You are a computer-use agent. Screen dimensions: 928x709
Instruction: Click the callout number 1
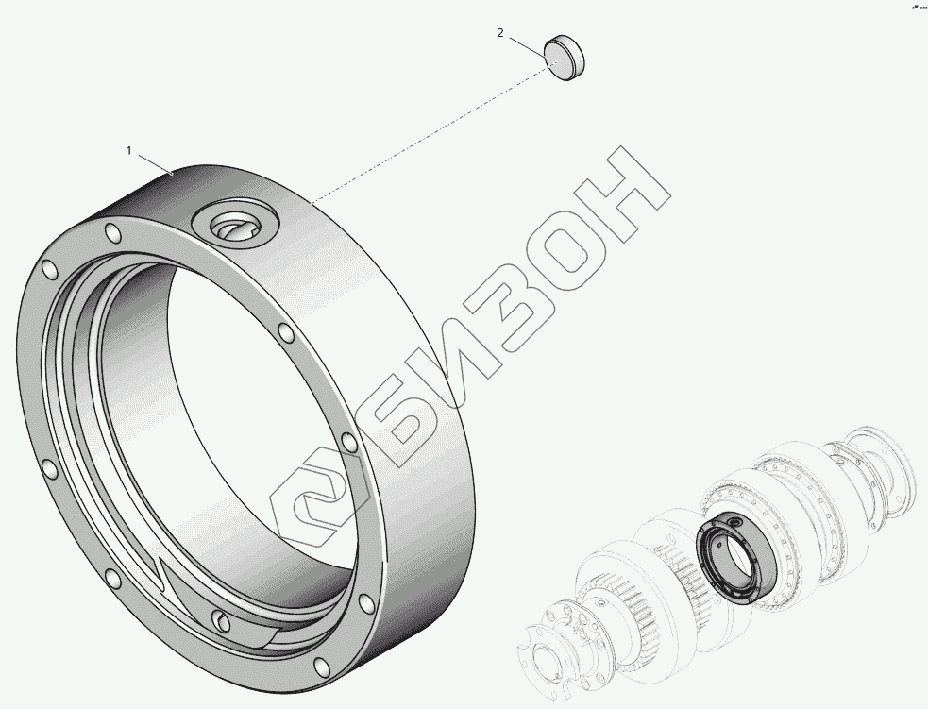pyautogui.click(x=129, y=151)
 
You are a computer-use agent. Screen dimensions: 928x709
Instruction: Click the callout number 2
pyautogui.click(x=500, y=33)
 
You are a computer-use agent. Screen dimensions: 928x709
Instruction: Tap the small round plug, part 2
pyautogui.click(x=565, y=58)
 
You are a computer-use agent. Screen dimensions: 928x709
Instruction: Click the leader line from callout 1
pyautogui.click(x=155, y=164)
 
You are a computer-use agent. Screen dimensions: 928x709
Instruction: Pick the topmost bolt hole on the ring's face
pyautogui.click(x=113, y=231)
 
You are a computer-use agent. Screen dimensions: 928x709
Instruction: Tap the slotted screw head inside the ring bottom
pyautogui.click(x=220, y=620)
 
